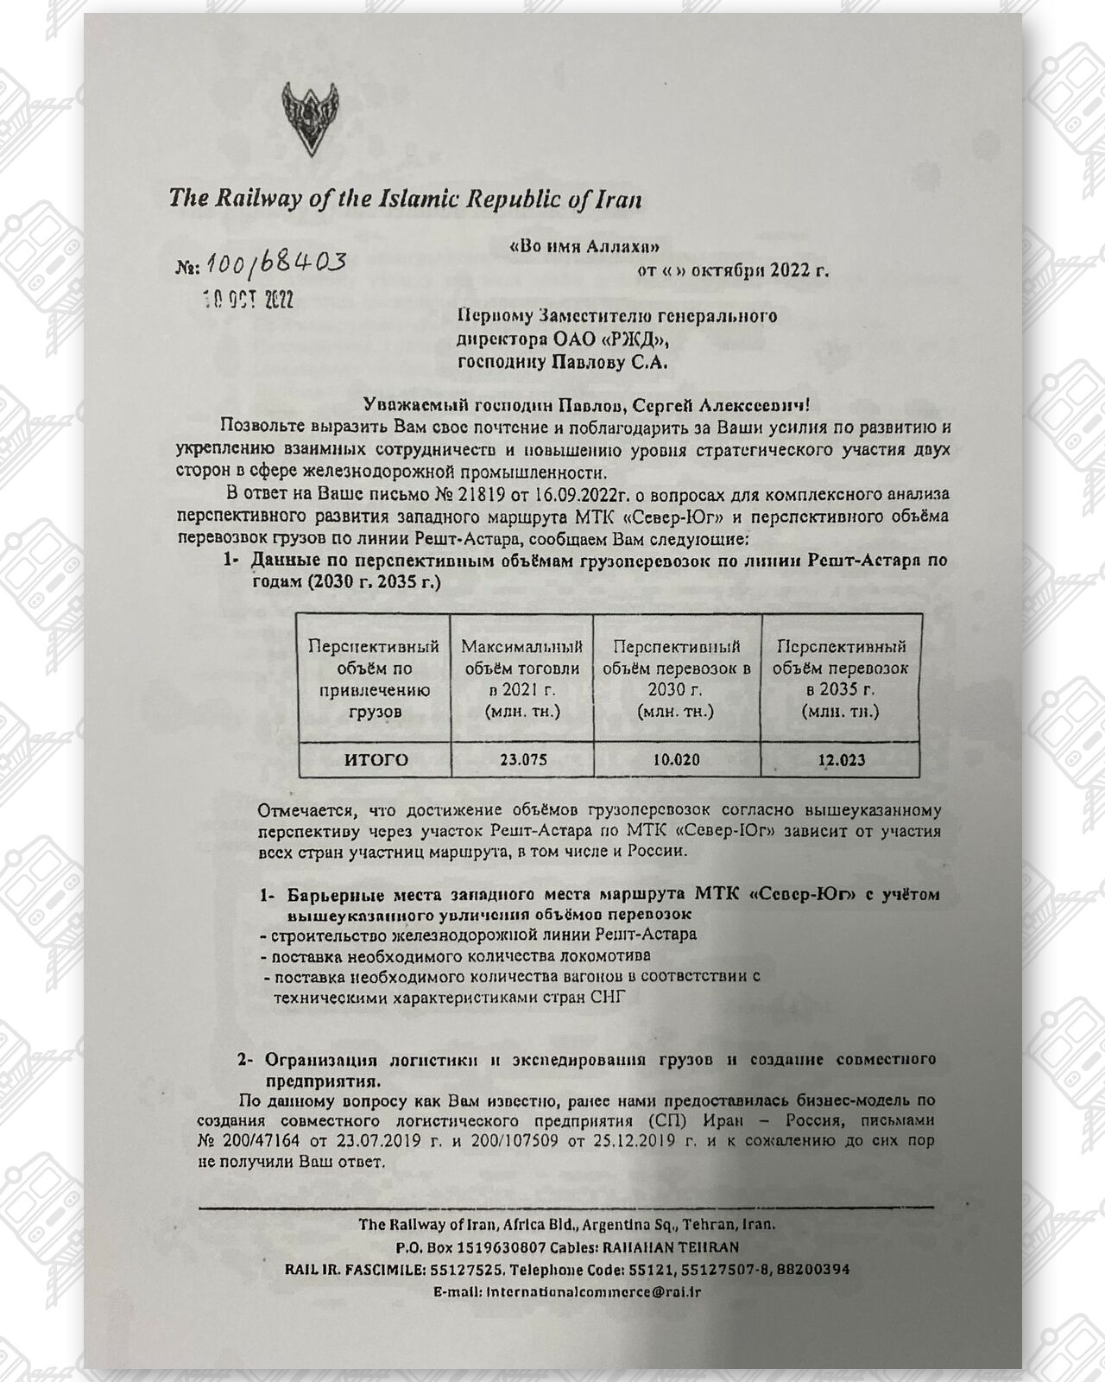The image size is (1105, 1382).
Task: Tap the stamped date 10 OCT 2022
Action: (248, 299)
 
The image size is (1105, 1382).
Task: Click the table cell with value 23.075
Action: (522, 760)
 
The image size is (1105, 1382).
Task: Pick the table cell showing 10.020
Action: (676, 760)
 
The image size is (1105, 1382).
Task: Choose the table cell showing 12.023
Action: (841, 760)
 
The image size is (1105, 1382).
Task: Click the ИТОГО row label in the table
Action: (376, 760)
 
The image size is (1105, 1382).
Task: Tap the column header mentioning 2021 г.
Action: (522, 679)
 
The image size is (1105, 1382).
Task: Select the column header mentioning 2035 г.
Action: (841, 679)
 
